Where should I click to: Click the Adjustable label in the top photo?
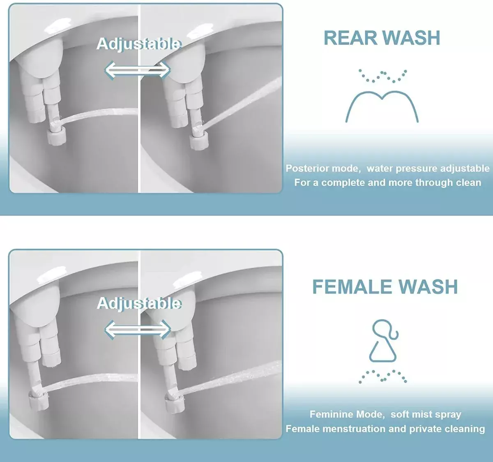pyautogui.click(x=138, y=44)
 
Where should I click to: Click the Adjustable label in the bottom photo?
pyautogui.click(x=139, y=303)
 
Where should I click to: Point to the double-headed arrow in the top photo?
pyautogui.click(x=137, y=70)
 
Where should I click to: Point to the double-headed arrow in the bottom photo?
pyautogui.click(x=138, y=329)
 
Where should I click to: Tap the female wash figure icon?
pyautogui.click(x=384, y=341)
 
